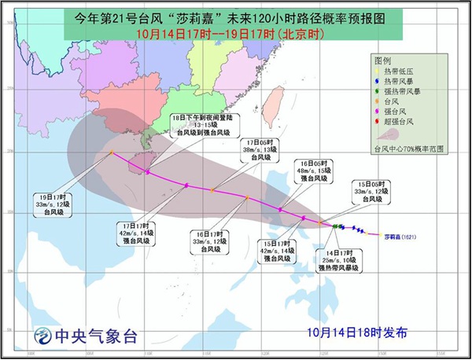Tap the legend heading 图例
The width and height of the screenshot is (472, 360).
(x=383, y=59)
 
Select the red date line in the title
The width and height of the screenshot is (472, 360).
(x=234, y=37)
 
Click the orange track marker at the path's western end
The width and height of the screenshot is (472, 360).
(x=112, y=152)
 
